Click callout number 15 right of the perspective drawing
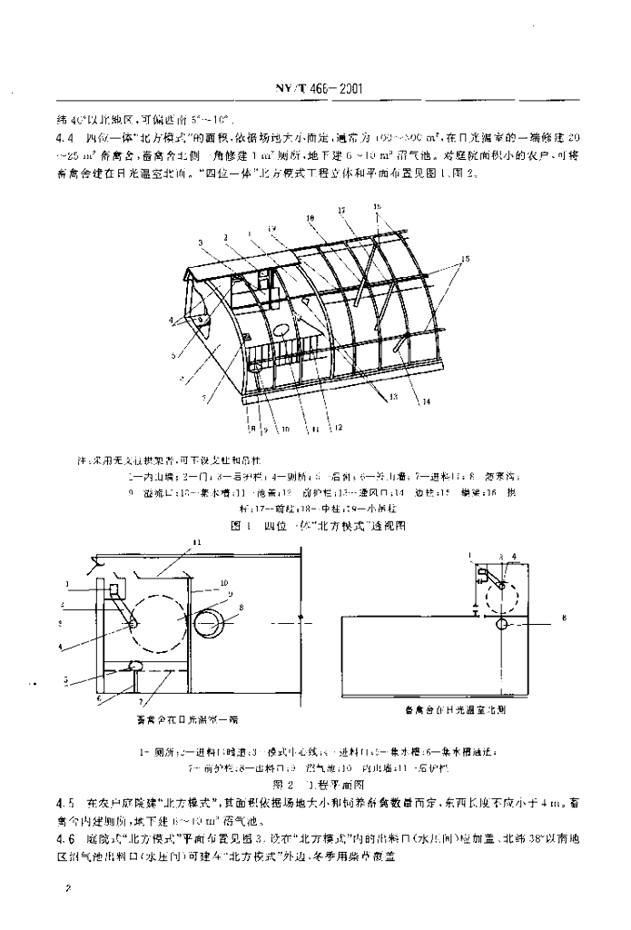click(x=466, y=260)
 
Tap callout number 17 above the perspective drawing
click(x=344, y=211)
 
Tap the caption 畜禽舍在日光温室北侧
click(x=452, y=709)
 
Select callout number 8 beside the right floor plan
click(x=564, y=618)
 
